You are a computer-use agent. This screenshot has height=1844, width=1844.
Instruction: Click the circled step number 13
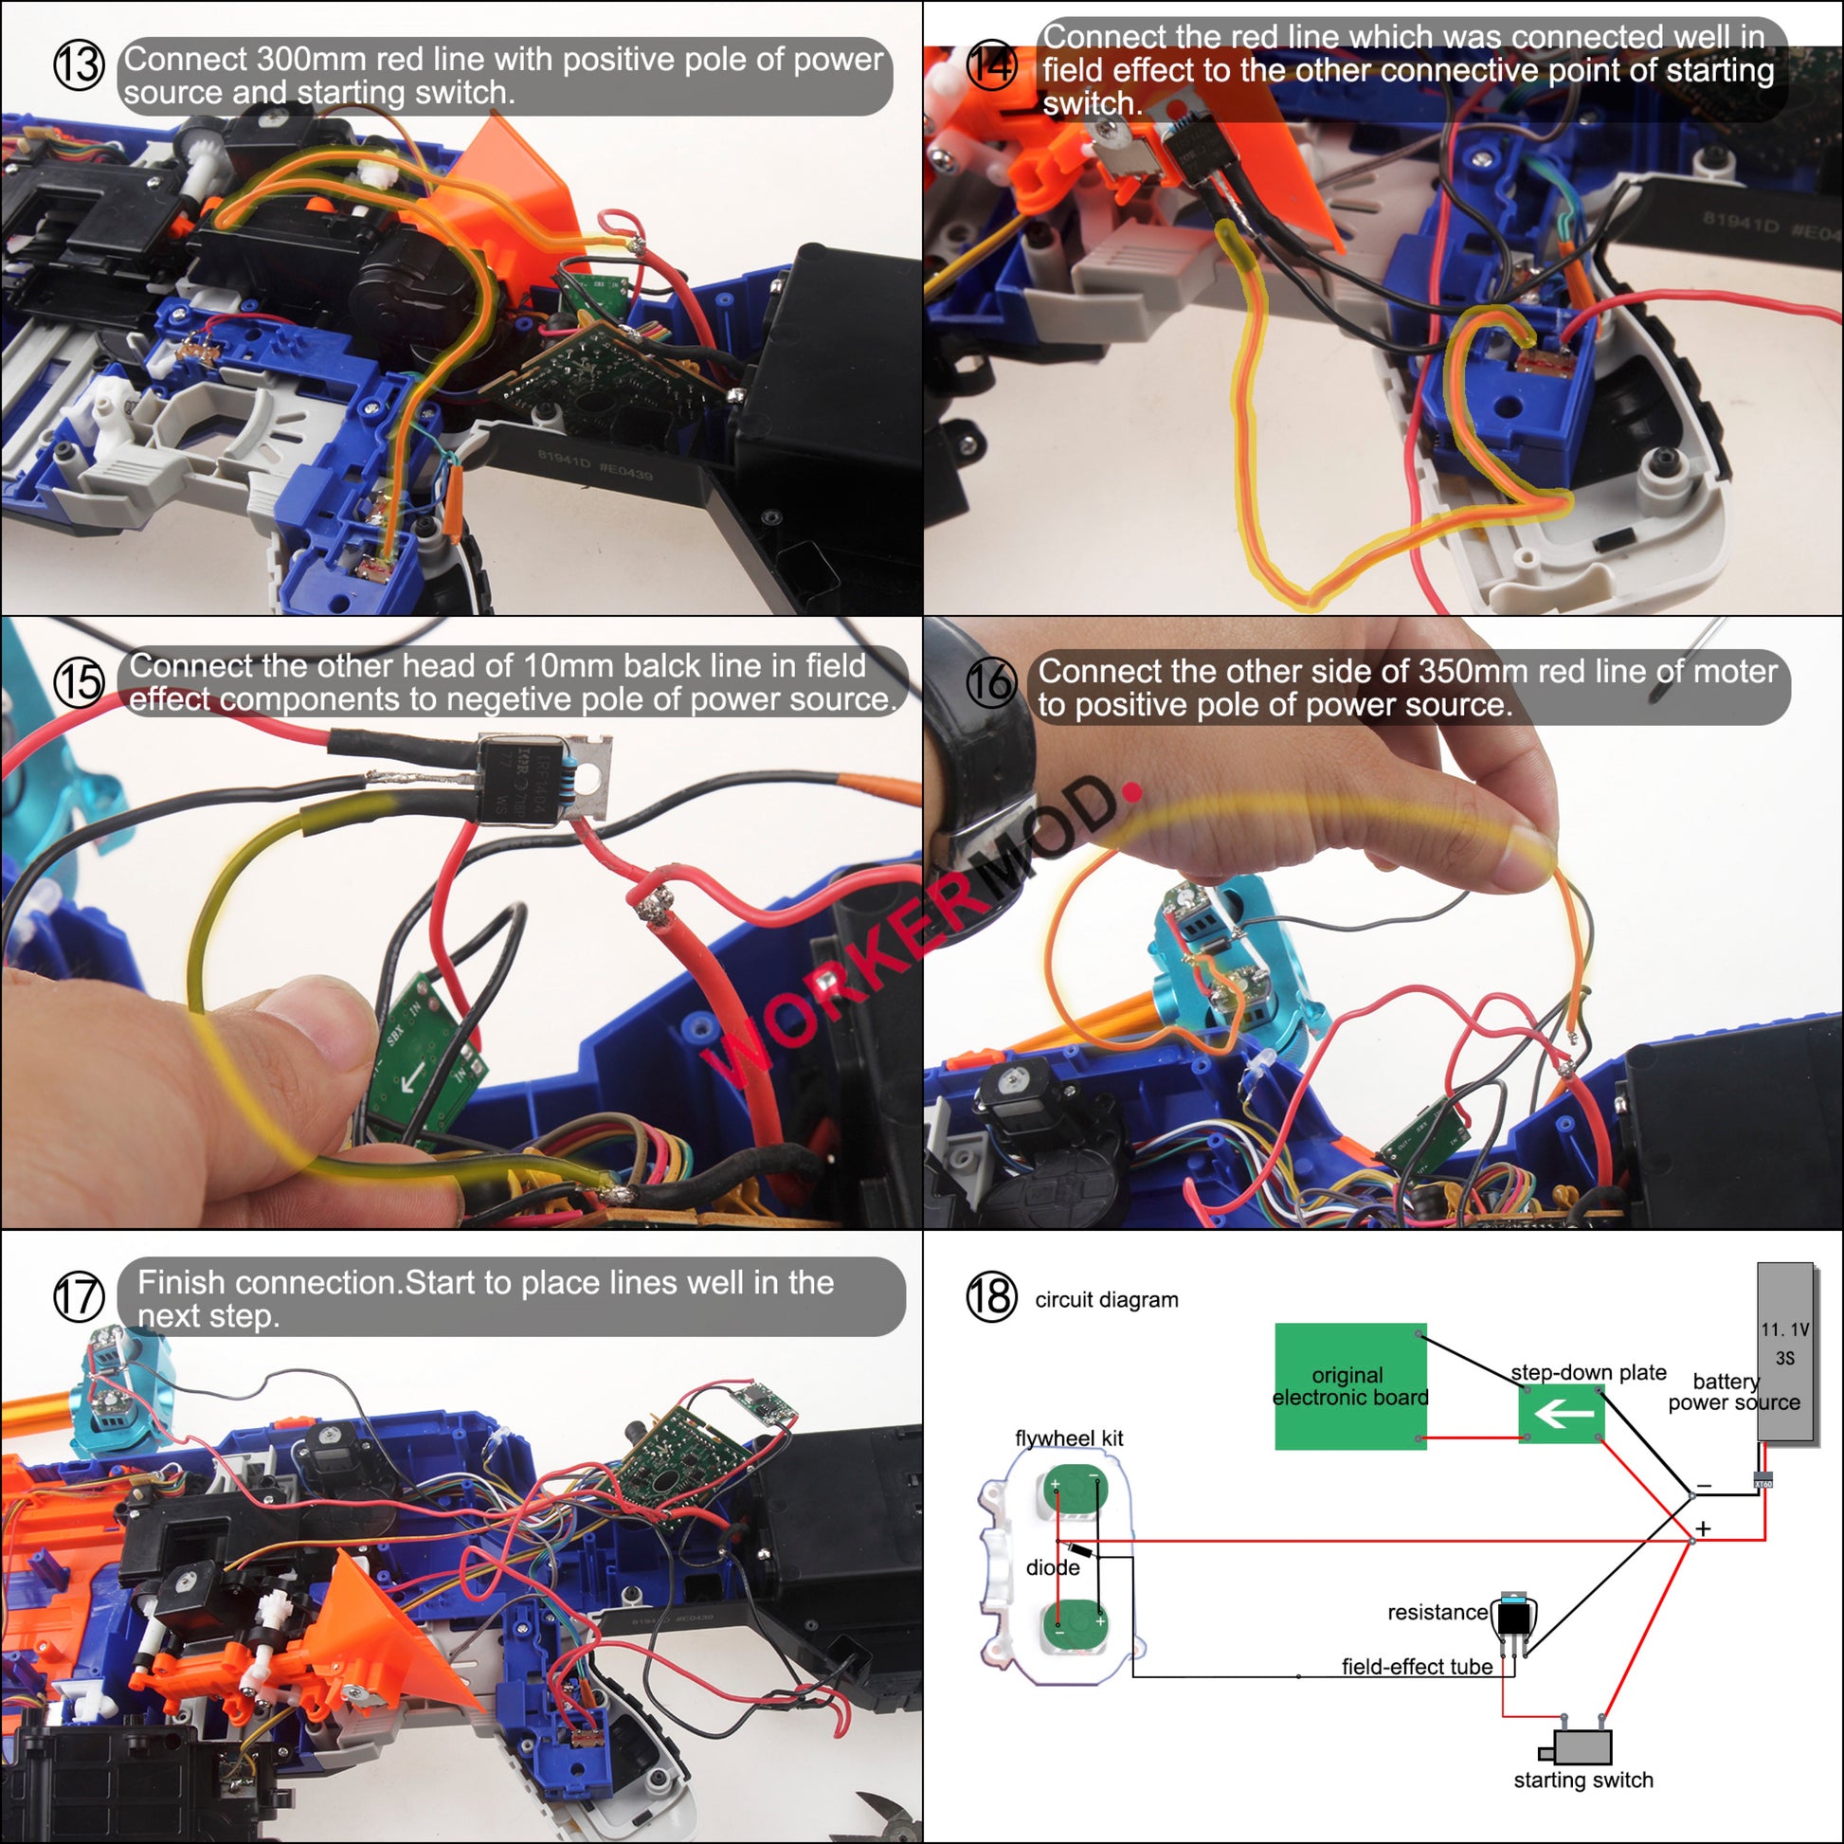click(x=79, y=64)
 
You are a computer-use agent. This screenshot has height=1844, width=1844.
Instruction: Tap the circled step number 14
click(x=992, y=64)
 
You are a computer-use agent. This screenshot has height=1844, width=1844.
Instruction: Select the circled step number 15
click(x=79, y=682)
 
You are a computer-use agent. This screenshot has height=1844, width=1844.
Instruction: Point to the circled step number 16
click(x=992, y=682)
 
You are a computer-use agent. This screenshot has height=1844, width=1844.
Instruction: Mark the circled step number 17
click(x=79, y=1297)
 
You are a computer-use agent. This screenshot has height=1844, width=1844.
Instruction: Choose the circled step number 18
click(x=992, y=1297)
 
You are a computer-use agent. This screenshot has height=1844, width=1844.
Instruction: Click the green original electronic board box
click(x=1350, y=1386)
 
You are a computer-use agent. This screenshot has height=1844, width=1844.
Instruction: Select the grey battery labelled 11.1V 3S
click(x=1786, y=1351)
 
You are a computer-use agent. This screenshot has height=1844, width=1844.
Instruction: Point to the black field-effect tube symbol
click(x=1512, y=1618)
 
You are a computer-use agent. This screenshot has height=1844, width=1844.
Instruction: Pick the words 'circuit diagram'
click(x=1107, y=1299)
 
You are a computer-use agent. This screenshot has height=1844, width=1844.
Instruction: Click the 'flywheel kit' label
click(x=1069, y=1438)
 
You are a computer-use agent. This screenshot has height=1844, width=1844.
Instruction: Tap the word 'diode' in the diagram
click(x=1053, y=1567)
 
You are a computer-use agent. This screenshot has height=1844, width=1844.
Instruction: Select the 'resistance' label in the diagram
click(x=1437, y=1612)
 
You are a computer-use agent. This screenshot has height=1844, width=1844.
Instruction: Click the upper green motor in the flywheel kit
click(x=1074, y=1489)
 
